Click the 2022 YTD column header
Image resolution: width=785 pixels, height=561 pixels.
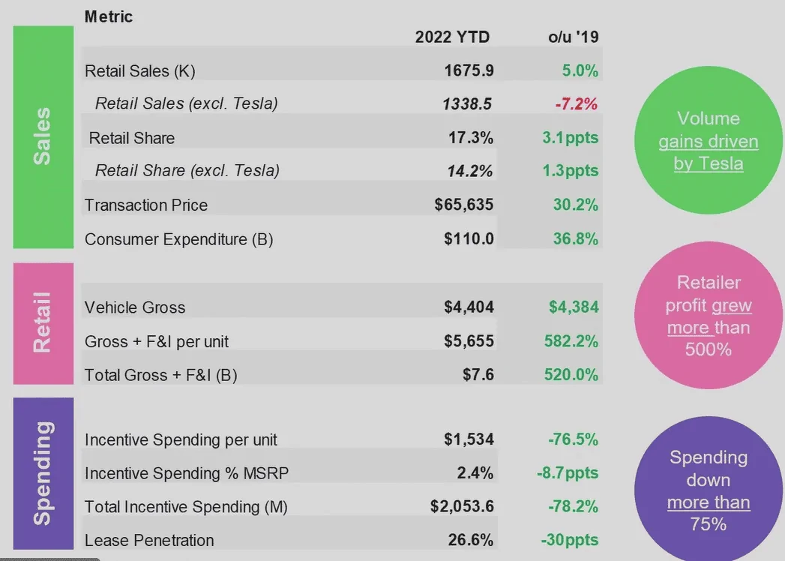coord(452,37)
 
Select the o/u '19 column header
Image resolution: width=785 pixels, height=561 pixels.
coord(573,37)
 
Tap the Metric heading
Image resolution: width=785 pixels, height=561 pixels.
coord(109,16)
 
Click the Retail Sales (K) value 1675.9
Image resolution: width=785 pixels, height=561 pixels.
coord(469,70)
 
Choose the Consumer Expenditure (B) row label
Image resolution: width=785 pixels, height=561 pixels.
coord(178,239)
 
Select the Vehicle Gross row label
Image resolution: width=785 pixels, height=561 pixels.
coord(135,307)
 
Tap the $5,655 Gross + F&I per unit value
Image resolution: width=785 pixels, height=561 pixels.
coord(469,341)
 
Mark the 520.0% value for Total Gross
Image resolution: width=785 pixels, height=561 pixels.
coord(573,374)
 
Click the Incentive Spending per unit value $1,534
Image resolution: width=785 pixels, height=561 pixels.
coord(469,439)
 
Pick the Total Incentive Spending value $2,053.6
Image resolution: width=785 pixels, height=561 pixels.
coord(462,507)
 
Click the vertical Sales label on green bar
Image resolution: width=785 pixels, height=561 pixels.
coord(43,136)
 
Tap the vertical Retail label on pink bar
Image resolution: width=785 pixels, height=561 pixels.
coord(43,322)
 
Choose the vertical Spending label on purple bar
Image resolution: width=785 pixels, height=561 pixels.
coord(43,473)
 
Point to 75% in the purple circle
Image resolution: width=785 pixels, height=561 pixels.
coord(709,523)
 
